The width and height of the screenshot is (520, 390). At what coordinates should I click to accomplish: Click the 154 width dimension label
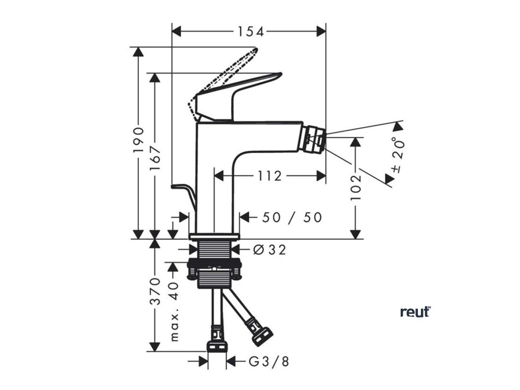[251, 31]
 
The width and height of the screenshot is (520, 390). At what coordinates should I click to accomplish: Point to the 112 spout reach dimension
[269, 176]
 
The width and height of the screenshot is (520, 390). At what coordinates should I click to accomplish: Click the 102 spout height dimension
[356, 186]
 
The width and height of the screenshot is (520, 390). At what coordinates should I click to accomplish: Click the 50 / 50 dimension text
[291, 217]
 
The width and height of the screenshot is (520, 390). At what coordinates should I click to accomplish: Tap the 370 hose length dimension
[155, 290]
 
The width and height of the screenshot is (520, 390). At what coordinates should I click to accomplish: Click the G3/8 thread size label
[269, 362]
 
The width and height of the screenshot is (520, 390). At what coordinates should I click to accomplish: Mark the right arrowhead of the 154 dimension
[321, 31]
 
